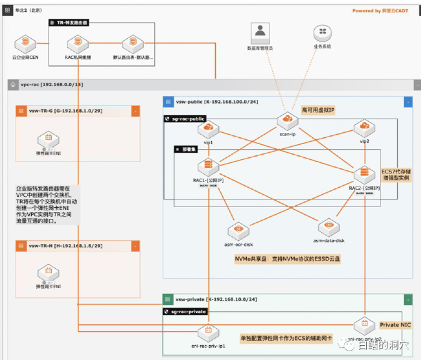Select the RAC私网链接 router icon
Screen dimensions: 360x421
pyautogui.click(x=78, y=44)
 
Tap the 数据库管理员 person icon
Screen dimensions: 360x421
pyautogui.click(x=259, y=31)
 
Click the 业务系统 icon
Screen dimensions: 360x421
pyautogui.click(x=322, y=32)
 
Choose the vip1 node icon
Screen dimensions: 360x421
pyautogui.click(x=208, y=129)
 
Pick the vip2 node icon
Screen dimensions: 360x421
pyautogui.click(x=364, y=129)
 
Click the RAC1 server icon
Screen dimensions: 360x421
pyautogui.click(x=208, y=167)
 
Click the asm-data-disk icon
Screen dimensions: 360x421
pyautogui.click(x=329, y=226)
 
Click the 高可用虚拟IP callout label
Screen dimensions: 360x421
pyautogui.click(x=318, y=110)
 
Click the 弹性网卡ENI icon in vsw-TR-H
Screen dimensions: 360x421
pyautogui.click(x=47, y=272)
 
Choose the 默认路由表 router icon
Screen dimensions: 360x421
pyautogui.click(x=132, y=44)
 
